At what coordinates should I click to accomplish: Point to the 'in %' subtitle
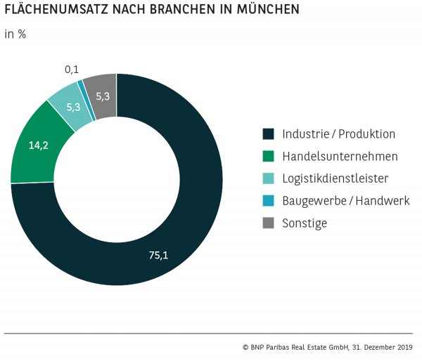15,34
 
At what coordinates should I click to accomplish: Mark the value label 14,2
38,146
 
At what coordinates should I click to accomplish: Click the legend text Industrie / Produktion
339,133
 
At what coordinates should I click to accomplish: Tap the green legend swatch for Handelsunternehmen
267,156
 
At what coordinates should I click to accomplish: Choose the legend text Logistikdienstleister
335,178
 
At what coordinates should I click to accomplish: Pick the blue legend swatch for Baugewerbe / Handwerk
267,201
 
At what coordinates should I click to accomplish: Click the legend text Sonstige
305,223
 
